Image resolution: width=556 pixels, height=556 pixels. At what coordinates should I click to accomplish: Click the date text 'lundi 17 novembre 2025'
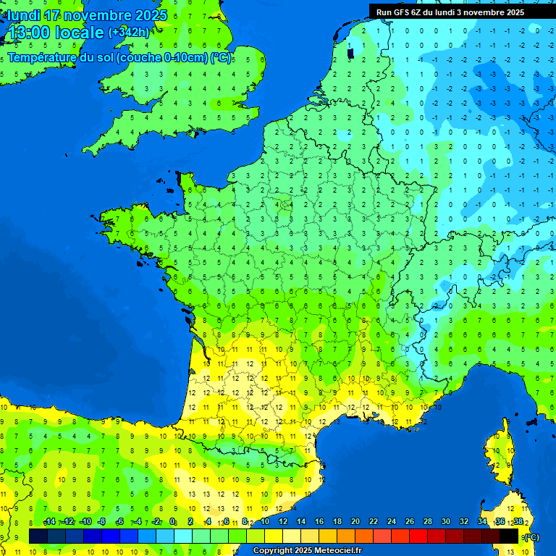click(87, 14)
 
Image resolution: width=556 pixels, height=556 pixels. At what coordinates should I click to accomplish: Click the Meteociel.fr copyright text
click(308, 551)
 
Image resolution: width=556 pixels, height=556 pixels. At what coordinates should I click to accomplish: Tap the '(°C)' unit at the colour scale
click(531, 537)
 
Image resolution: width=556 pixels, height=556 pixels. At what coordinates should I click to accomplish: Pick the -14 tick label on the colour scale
click(49, 522)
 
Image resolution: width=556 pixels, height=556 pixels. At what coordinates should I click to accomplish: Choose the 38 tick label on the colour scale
click(518, 522)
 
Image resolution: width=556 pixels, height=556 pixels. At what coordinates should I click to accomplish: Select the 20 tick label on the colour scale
click(355, 522)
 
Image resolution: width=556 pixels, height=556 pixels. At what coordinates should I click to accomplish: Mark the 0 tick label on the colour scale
click(172, 522)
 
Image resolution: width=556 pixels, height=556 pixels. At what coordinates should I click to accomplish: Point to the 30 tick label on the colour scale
click(445, 522)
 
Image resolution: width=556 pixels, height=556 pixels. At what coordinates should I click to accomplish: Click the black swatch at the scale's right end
click(509, 536)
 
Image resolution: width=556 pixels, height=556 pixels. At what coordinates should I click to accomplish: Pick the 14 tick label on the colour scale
click(300, 522)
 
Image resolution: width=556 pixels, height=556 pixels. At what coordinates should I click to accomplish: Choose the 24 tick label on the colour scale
click(391, 522)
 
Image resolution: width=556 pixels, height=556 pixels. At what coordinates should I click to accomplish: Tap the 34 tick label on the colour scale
click(481, 522)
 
